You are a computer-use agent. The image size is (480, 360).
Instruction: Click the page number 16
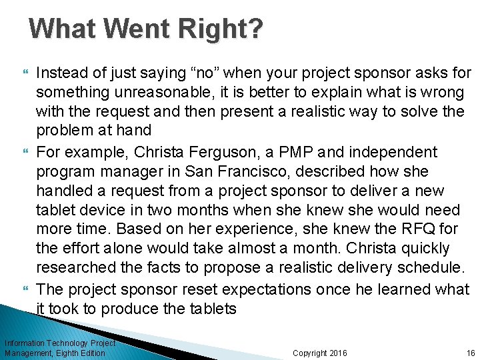click(471, 353)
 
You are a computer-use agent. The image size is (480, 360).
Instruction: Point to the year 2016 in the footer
click(338, 353)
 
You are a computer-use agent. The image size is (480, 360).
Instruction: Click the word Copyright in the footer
click(310, 353)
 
